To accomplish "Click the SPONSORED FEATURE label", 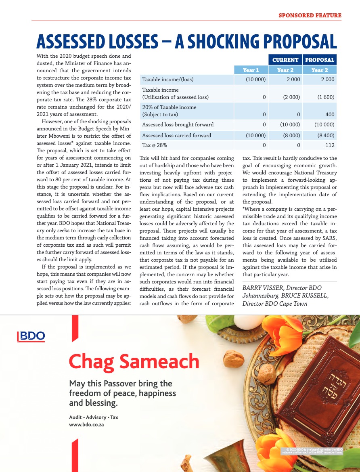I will coord(310,16).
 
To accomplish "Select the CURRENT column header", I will coord(285,60).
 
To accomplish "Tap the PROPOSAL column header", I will coord(320,60).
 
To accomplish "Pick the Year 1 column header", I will coord(251,70).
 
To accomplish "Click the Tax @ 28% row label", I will coord(155,145).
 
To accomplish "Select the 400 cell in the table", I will coord(329,114).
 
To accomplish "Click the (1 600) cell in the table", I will coord(325,97).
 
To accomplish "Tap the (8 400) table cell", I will coord(325,135).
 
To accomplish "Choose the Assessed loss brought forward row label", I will coord(178,125).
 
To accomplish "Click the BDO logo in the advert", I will coord(31,336).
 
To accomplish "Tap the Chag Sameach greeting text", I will coord(134,361).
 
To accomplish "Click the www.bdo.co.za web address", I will coord(87,425).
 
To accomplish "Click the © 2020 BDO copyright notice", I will coord(312,451).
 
